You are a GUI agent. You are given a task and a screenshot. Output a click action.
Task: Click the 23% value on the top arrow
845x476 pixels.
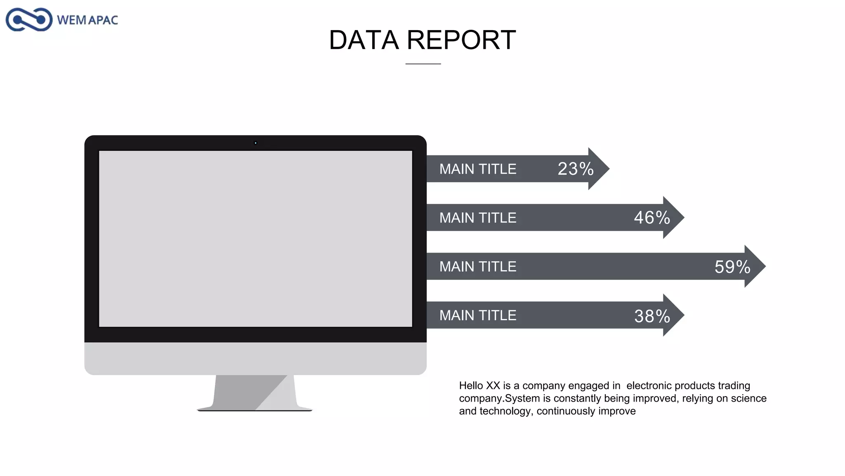[x=576, y=169]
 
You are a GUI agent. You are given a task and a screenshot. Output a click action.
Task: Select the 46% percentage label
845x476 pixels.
[x=652, y=217]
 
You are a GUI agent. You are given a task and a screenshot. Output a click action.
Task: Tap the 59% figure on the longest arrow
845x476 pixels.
[x=732, y=267]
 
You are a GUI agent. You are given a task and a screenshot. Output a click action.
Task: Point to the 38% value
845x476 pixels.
[x=652, y=316]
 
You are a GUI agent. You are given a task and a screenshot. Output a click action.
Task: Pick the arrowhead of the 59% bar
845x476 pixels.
[x=755, y=266]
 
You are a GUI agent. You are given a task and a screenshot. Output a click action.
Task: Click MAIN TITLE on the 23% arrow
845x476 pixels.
[x=478, y=169]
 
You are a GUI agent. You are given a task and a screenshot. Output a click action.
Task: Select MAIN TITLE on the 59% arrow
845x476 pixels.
[x=478, y=267]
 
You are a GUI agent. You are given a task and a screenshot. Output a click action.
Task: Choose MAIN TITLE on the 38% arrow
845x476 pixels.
[x=478, y=315]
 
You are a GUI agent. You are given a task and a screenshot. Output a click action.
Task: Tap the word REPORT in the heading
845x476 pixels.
[x=461, y=40]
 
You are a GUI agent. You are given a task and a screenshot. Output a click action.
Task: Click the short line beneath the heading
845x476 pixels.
[x=423, y=64]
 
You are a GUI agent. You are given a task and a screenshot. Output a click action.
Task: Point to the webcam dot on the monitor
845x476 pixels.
[x=255, y=143]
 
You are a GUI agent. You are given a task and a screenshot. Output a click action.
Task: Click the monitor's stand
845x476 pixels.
[x=255, y=393]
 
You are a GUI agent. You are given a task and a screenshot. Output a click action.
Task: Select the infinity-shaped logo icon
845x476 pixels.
[x=29, y=19]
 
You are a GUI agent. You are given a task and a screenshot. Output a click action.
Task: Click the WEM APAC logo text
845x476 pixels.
[x=87, y=20]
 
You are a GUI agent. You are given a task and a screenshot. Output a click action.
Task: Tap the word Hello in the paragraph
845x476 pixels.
[x=471, y=386]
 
